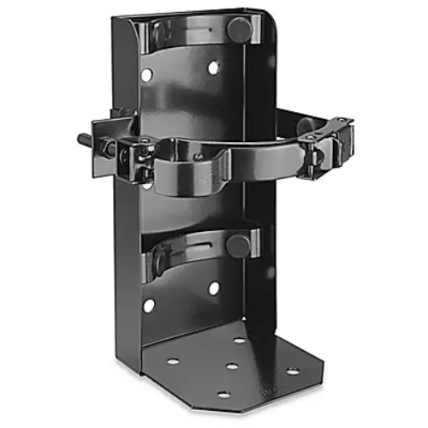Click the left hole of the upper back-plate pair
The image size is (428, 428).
147,75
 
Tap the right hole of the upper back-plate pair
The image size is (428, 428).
212,67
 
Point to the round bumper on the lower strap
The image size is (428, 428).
237,247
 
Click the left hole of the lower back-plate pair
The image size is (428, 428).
149,304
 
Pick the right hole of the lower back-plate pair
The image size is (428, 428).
213,288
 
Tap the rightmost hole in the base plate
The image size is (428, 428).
293,371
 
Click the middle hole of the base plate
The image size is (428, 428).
232,366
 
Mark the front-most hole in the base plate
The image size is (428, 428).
223,394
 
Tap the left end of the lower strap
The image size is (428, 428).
157,259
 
